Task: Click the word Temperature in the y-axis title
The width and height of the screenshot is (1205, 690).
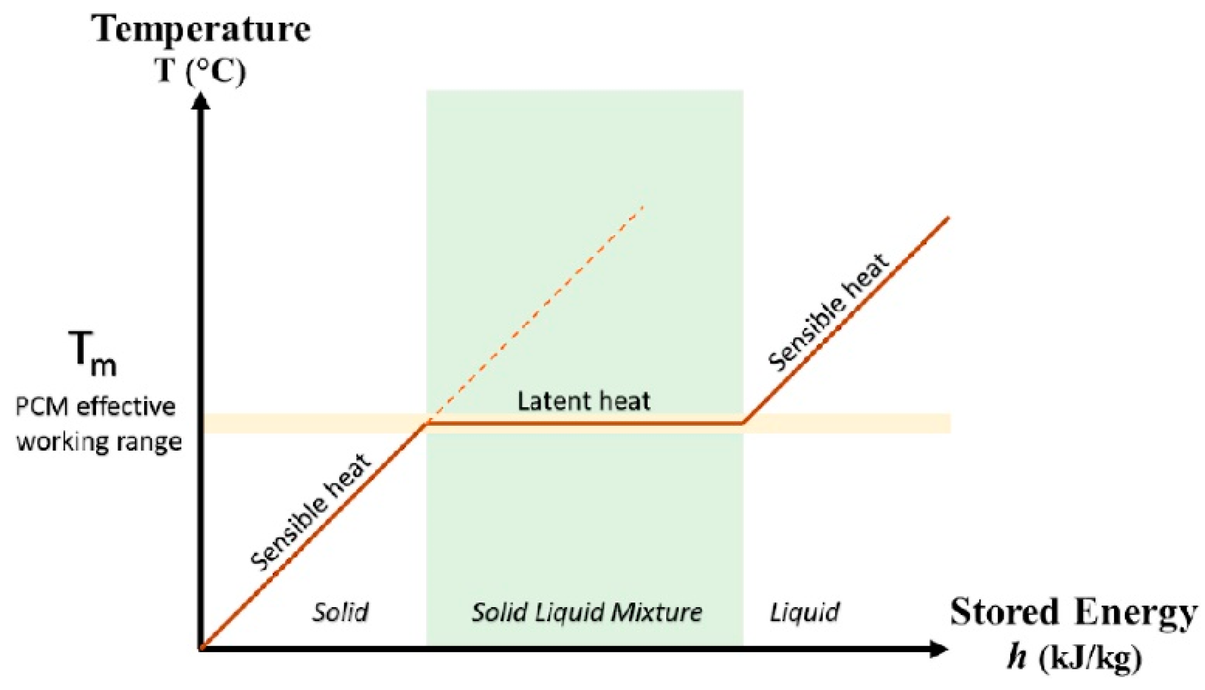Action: [x=202, y=29]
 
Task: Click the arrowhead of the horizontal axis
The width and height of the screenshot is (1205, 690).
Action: [x=939, y=649]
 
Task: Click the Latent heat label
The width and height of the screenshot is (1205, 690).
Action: [x=583, y=401]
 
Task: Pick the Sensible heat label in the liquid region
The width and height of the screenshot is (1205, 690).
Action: [x=828, y=313]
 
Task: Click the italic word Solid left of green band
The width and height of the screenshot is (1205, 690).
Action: [x=340, y=612]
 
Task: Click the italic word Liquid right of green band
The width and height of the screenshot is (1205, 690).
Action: [x=804, y=612]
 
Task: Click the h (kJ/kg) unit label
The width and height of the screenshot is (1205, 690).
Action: [x=1074, y=658]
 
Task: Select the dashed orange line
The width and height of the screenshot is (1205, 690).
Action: [x=535, y=315]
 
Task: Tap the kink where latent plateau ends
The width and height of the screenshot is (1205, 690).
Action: [x=743, y=423]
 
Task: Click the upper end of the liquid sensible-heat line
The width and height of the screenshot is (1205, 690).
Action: [x=949, y=218]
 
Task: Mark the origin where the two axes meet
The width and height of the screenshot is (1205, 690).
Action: [x=202, y=648]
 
